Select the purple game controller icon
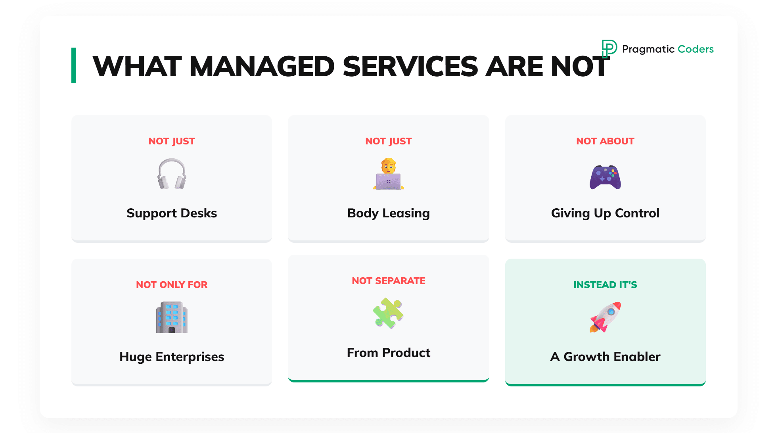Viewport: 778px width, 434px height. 605,177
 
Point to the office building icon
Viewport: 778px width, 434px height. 172,317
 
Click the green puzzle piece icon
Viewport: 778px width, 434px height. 388,313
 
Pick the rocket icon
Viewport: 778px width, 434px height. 605,317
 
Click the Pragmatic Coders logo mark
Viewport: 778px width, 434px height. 609,49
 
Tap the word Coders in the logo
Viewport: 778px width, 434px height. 696,49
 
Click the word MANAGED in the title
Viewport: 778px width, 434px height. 262,66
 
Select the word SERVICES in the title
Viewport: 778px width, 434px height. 410,66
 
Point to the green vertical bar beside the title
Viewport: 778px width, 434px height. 74,65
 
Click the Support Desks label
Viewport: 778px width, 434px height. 172,213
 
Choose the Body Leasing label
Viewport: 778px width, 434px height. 389,213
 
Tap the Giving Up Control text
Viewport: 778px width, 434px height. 605,213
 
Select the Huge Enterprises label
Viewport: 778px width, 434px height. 172,357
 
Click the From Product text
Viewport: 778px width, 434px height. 389,353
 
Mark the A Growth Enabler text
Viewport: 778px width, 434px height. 605,357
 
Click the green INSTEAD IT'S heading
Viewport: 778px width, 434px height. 605,284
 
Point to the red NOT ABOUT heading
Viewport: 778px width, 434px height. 605,141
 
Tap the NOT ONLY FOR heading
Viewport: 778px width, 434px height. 172,284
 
